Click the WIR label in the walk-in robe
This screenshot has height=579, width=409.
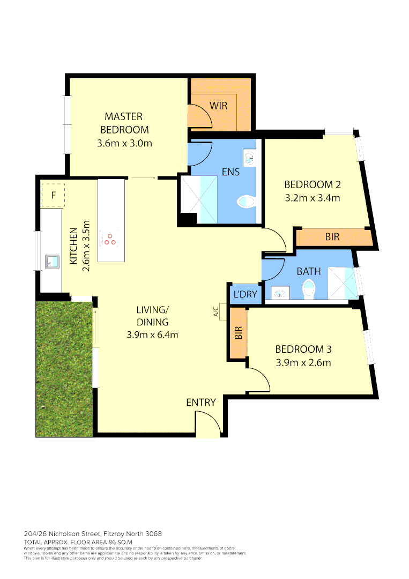pyautogui.click(x=218, y=106)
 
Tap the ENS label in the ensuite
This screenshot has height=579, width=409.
pyautogui.click(x=230, y=172)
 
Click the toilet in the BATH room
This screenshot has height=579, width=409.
pyautogui.click(x=310, y=291)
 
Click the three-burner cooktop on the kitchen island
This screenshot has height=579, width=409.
pyautogui.click(x=110, y=239)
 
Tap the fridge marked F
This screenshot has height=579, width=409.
pyautogui.click(x=53, y=195)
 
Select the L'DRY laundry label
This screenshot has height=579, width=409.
pyautogui.click(x=246, y=294)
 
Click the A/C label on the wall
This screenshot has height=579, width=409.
pyautogui.click(x=216, y=311)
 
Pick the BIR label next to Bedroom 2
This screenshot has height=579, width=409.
pyautogui.click(x=332, y=236)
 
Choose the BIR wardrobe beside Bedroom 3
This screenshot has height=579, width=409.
pyautogui.click(x=238, y=333)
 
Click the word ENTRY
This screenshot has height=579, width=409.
pyautogui.click(x=201, y=403)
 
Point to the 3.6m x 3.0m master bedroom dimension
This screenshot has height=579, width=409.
pyautogui.click(x=125, y=143)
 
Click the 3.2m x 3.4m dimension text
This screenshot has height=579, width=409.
pyautogui.click(x=313, y=198)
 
